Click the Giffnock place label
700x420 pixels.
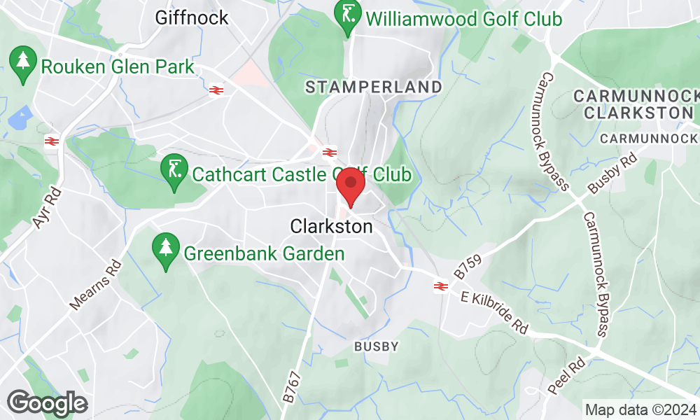click(192, 17)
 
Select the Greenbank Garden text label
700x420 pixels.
click(264, 253)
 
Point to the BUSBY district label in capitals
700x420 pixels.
click(376, 346)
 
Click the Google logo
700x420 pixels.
click(47, 403)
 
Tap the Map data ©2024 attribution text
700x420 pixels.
click(640, 409)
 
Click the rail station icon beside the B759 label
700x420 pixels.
click(440, 286)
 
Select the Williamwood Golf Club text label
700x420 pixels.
click(463, 19)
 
